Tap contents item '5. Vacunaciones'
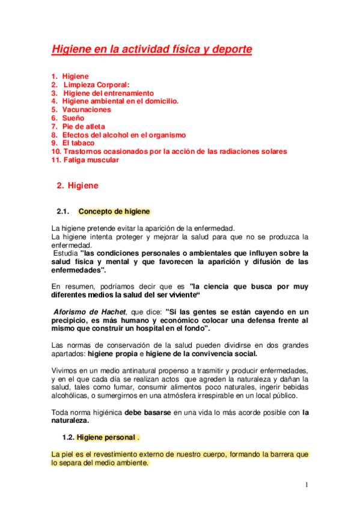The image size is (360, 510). coord(81,110)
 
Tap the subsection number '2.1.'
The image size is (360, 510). coord(63,212)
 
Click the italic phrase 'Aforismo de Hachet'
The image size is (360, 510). coord(89,312)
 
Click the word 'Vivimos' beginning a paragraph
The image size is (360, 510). coord(65,371)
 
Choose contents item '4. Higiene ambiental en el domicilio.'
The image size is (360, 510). coord(115,102)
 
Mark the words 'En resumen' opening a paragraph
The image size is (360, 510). coord(70,286)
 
